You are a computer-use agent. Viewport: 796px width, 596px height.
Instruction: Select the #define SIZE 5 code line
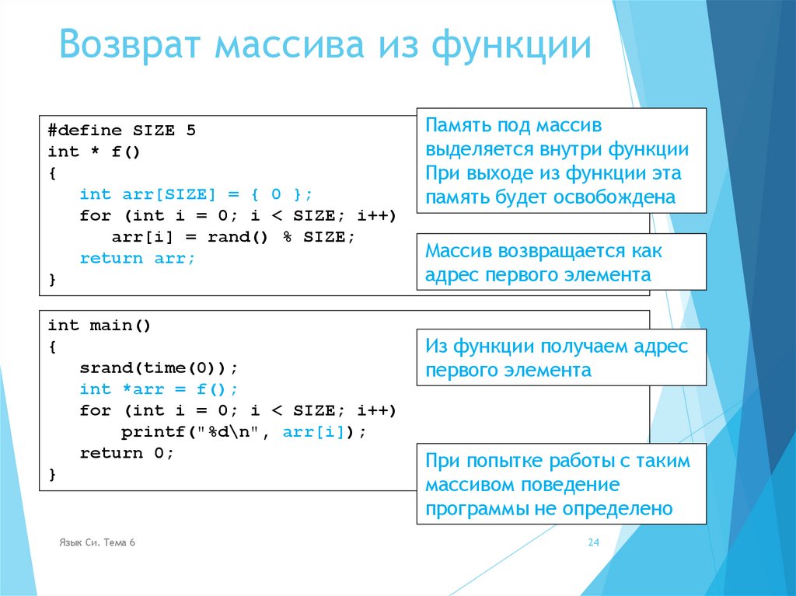[121, 131]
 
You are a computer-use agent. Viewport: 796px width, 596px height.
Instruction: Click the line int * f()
[94, 152]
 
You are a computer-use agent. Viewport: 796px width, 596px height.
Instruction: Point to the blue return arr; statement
[138, 258]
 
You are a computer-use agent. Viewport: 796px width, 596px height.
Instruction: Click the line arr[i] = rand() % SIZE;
[233, 237]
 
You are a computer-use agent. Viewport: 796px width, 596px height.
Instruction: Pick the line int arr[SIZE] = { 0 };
[195, 194]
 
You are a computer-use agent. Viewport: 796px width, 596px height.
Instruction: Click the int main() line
[99, 326]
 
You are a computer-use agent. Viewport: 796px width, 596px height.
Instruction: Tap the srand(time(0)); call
[159, 368]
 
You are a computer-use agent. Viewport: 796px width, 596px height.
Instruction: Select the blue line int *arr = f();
[159, 389]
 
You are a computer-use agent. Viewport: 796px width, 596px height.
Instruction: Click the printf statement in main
[243, 432]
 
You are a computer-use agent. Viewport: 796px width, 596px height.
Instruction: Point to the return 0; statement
[127, 453]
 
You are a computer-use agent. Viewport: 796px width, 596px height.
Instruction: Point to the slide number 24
[594, 543]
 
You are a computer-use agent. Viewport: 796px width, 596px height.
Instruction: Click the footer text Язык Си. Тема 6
[97, 542]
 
